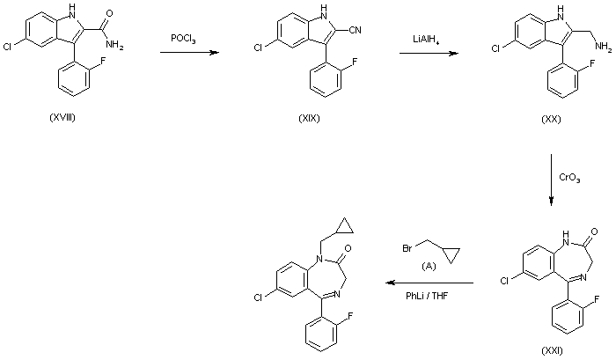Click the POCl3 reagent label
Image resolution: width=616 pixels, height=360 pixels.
click(183, 40)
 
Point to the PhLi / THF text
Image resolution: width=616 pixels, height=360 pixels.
click(425, 298)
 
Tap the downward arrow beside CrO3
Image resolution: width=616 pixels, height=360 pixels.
click(551, 181)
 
